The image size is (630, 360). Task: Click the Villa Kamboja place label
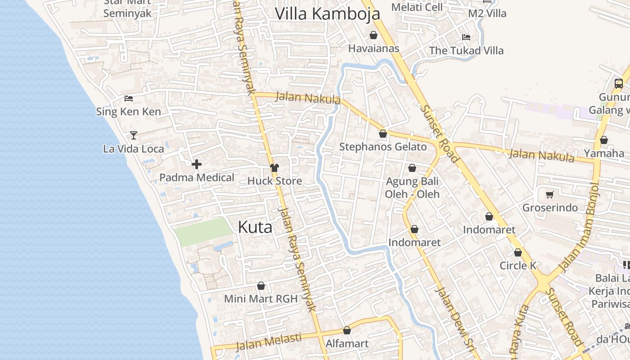327,13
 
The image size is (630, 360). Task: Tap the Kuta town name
255,227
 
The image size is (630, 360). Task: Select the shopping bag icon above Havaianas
373,35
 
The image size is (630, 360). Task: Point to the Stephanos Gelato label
383,147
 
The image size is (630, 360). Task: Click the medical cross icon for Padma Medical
197,165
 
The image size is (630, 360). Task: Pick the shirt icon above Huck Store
274,168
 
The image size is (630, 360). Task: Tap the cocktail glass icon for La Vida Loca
134,135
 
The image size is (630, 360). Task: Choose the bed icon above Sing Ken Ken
129,98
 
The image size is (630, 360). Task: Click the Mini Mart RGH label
261,299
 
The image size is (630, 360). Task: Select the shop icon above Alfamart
347,331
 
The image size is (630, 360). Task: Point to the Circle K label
518,265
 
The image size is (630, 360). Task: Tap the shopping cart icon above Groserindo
549,195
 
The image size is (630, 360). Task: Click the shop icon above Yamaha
604,140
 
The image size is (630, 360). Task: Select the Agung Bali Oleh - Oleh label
412,188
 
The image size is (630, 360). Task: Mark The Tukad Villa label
466,50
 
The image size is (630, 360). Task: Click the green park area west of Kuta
203,232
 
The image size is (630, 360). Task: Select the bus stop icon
619,83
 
